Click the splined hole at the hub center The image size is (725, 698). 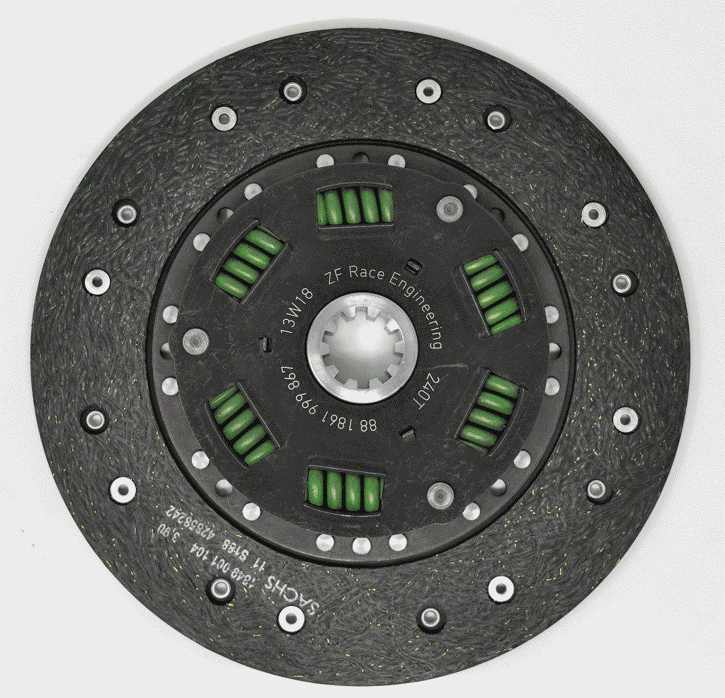coord(362,346)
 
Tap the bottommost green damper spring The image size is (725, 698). coord(346,490)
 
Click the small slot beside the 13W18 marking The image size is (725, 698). coord(264,344)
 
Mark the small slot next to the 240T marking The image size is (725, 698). coord(407,431)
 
